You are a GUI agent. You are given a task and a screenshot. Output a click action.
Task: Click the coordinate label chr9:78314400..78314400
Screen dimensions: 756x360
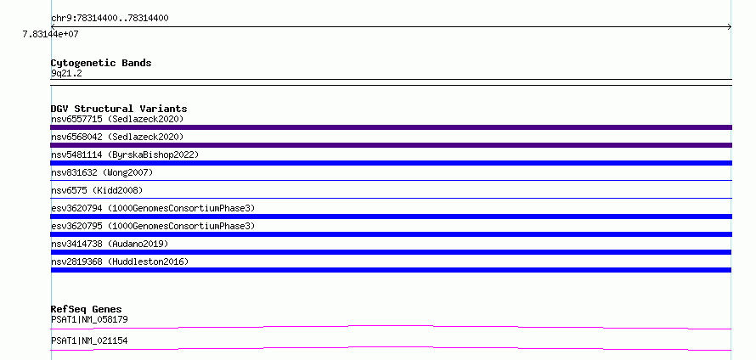point(110,19)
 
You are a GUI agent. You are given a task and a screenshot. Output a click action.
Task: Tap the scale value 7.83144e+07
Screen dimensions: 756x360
point(51,34)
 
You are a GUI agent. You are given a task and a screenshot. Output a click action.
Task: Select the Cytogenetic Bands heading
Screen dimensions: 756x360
point(101,63)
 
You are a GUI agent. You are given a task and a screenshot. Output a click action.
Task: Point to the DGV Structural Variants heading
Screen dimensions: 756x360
point(119,109)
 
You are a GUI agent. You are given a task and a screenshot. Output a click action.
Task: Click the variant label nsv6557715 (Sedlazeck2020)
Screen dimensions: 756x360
point(117,119)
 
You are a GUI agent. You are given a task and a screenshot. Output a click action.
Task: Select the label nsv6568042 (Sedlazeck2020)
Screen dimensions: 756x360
point(117,137)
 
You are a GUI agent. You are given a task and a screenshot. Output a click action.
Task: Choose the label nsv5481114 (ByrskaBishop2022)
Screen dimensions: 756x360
point(125,155)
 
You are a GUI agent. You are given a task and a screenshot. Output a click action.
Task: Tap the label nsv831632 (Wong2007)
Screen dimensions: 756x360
point(102,172)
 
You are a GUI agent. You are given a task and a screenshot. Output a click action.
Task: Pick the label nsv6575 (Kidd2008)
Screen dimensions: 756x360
point(97,190)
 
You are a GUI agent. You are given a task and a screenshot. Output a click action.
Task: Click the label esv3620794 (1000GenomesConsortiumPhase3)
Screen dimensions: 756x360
point(153,208)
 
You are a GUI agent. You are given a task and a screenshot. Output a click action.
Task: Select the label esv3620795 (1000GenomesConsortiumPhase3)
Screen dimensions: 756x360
point(153,226)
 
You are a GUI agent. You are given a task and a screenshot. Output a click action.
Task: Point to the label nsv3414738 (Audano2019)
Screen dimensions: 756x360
point(110,244)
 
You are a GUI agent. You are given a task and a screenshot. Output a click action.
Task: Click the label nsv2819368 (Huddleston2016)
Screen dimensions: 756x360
point(120,262)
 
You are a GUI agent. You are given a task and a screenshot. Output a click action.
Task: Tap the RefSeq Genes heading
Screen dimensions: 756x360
point(87,309)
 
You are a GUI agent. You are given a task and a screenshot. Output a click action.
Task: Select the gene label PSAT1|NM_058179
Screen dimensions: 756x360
point(90,319)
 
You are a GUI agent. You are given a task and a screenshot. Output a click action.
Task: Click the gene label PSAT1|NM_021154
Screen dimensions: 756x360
point(90,340)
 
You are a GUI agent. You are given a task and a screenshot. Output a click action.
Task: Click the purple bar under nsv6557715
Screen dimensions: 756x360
point(391,127)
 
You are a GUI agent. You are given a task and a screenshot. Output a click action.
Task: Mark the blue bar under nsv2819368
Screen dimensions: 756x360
point(391,270)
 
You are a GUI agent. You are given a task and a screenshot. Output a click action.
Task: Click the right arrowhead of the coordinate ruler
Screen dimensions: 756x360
point(731,27)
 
